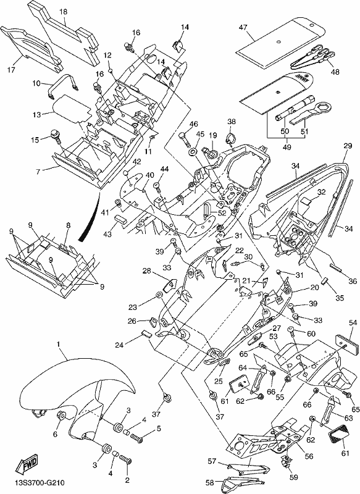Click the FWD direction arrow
point(27,462)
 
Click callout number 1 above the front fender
point(58,345)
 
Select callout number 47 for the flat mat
point(243,27)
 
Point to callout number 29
point(348,146)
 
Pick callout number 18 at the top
point(63,12)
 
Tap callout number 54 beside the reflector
point(353,322)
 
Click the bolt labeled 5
point(137,438)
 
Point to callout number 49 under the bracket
point(287,147)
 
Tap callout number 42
point(137,162)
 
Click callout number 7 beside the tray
point(38,172)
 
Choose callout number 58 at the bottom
point(209,482)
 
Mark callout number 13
point(36,114)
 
